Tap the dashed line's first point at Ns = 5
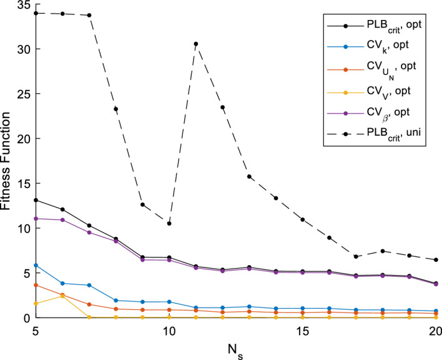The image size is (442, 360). pyautogui.click(x=36, y=13)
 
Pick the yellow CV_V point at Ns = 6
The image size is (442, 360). pyautogui.click(x=62, y=296)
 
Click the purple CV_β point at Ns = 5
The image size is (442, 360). pyautogui.click(x=36, y=219)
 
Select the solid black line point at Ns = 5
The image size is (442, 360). pyautogui.click(x=36, y=200)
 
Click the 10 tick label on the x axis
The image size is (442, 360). pyautogui.click(x=169, y=330)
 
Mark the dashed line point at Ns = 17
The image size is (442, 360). pyautogui.click(x=356, y=256)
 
